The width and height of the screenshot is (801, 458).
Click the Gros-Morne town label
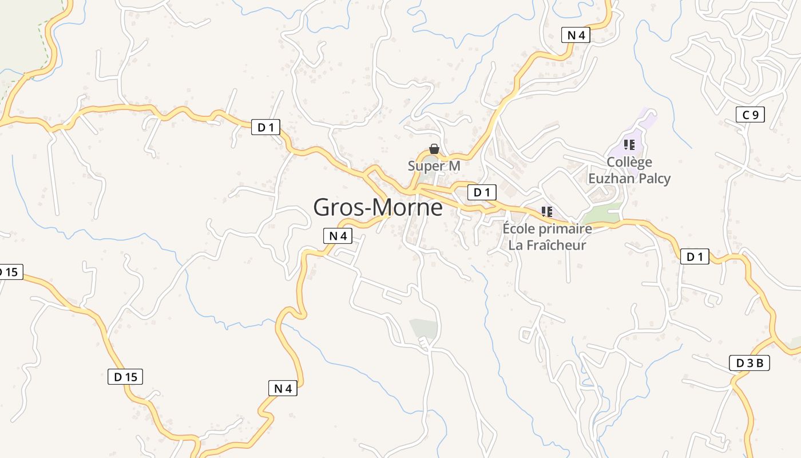(378, 207)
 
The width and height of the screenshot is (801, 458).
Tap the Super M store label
(434, 166)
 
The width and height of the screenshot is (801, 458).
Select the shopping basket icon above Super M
(434, 149)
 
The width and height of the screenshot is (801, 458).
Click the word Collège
(629, 163)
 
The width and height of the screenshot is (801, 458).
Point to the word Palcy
(652, 179)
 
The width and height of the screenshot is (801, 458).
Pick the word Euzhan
(609, 179)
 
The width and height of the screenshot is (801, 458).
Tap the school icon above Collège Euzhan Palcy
(629, 145)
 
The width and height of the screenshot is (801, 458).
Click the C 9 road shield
(750, 115)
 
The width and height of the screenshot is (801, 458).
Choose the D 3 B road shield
(750, 362)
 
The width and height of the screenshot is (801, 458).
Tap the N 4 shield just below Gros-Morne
(338, 235)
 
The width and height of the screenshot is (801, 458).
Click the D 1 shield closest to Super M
(482, 192)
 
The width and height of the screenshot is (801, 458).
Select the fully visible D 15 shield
(125, 377)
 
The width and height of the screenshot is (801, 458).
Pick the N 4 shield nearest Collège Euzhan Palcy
(575, 35)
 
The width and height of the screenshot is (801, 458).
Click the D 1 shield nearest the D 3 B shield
(695, 257)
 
